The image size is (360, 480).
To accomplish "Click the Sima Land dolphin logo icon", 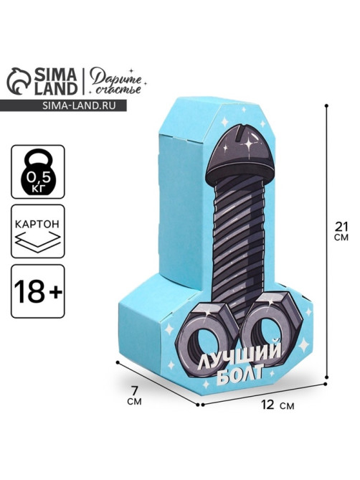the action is click(x=19, y=81).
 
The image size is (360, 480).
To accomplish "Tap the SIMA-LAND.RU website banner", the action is click(x=63, y=105).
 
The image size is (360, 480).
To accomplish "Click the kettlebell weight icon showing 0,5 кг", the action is click(x=38, y=171).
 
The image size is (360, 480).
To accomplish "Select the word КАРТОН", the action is click(x=37, y=224).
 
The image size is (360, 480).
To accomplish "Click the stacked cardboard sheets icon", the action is click(x=38, y=242).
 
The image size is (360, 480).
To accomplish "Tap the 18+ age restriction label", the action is click(x=38, y=291).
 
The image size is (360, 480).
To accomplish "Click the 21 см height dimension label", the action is click(x=341, y=231).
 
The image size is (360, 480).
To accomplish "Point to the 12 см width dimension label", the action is click(x=278, y=405).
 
